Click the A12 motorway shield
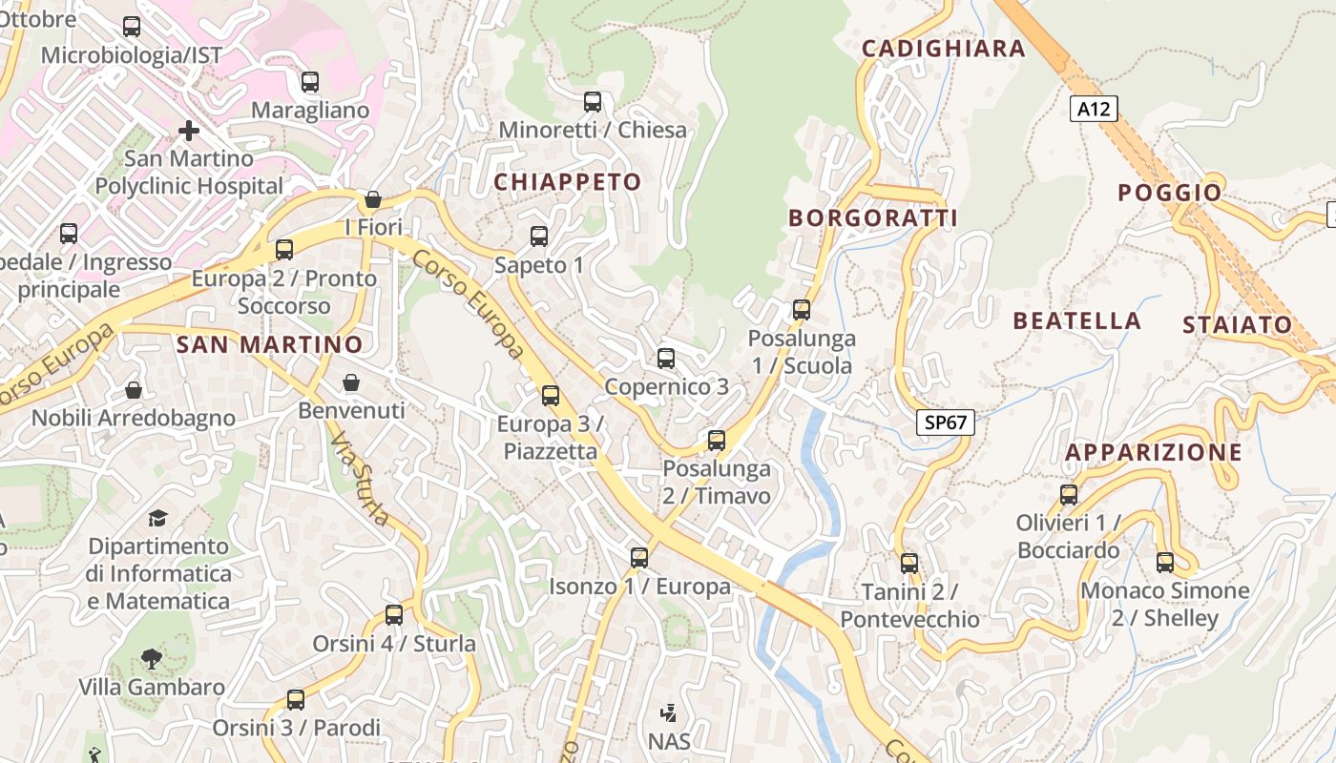pyautogui.click(x=1093, y=109)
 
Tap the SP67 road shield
pyautogui.click(x=946, y=423)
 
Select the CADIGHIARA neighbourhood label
pyautogui.click(x=943, y=49)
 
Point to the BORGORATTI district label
pyautogui.click(x=872, y=218)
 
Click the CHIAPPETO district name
pyautogui.click(x=567, y=182)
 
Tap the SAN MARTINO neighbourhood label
pyautogui.click(x=270, y=344)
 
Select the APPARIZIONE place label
pyautogui.click(x=1154, y=453)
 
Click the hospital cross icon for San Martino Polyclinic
pyautogui.click(x=189, y=131)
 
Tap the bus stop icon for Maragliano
pyautogui.click(x=310, y=82)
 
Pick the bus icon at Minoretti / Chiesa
pyautogui.click(x=593, y=102)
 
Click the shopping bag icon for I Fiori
pyautogui.click(x=373, y=199)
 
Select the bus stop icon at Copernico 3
pyautogui.click(x=666, y=359)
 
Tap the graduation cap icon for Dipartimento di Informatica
pyautogui.click(x=157, y=518)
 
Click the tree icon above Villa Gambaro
pyautogui.click(x=151, y=658)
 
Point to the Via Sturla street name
pyautogui.click(x=361, y=480)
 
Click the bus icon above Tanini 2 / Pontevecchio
pyautogui.click(x=909, y=564)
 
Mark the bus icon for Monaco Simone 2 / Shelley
pyautogui.click(x=1165, y=563)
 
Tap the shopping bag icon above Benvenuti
pyautogui.click(x=351, y=382)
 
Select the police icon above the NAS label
pyautogui.click(x=669, y=712)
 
